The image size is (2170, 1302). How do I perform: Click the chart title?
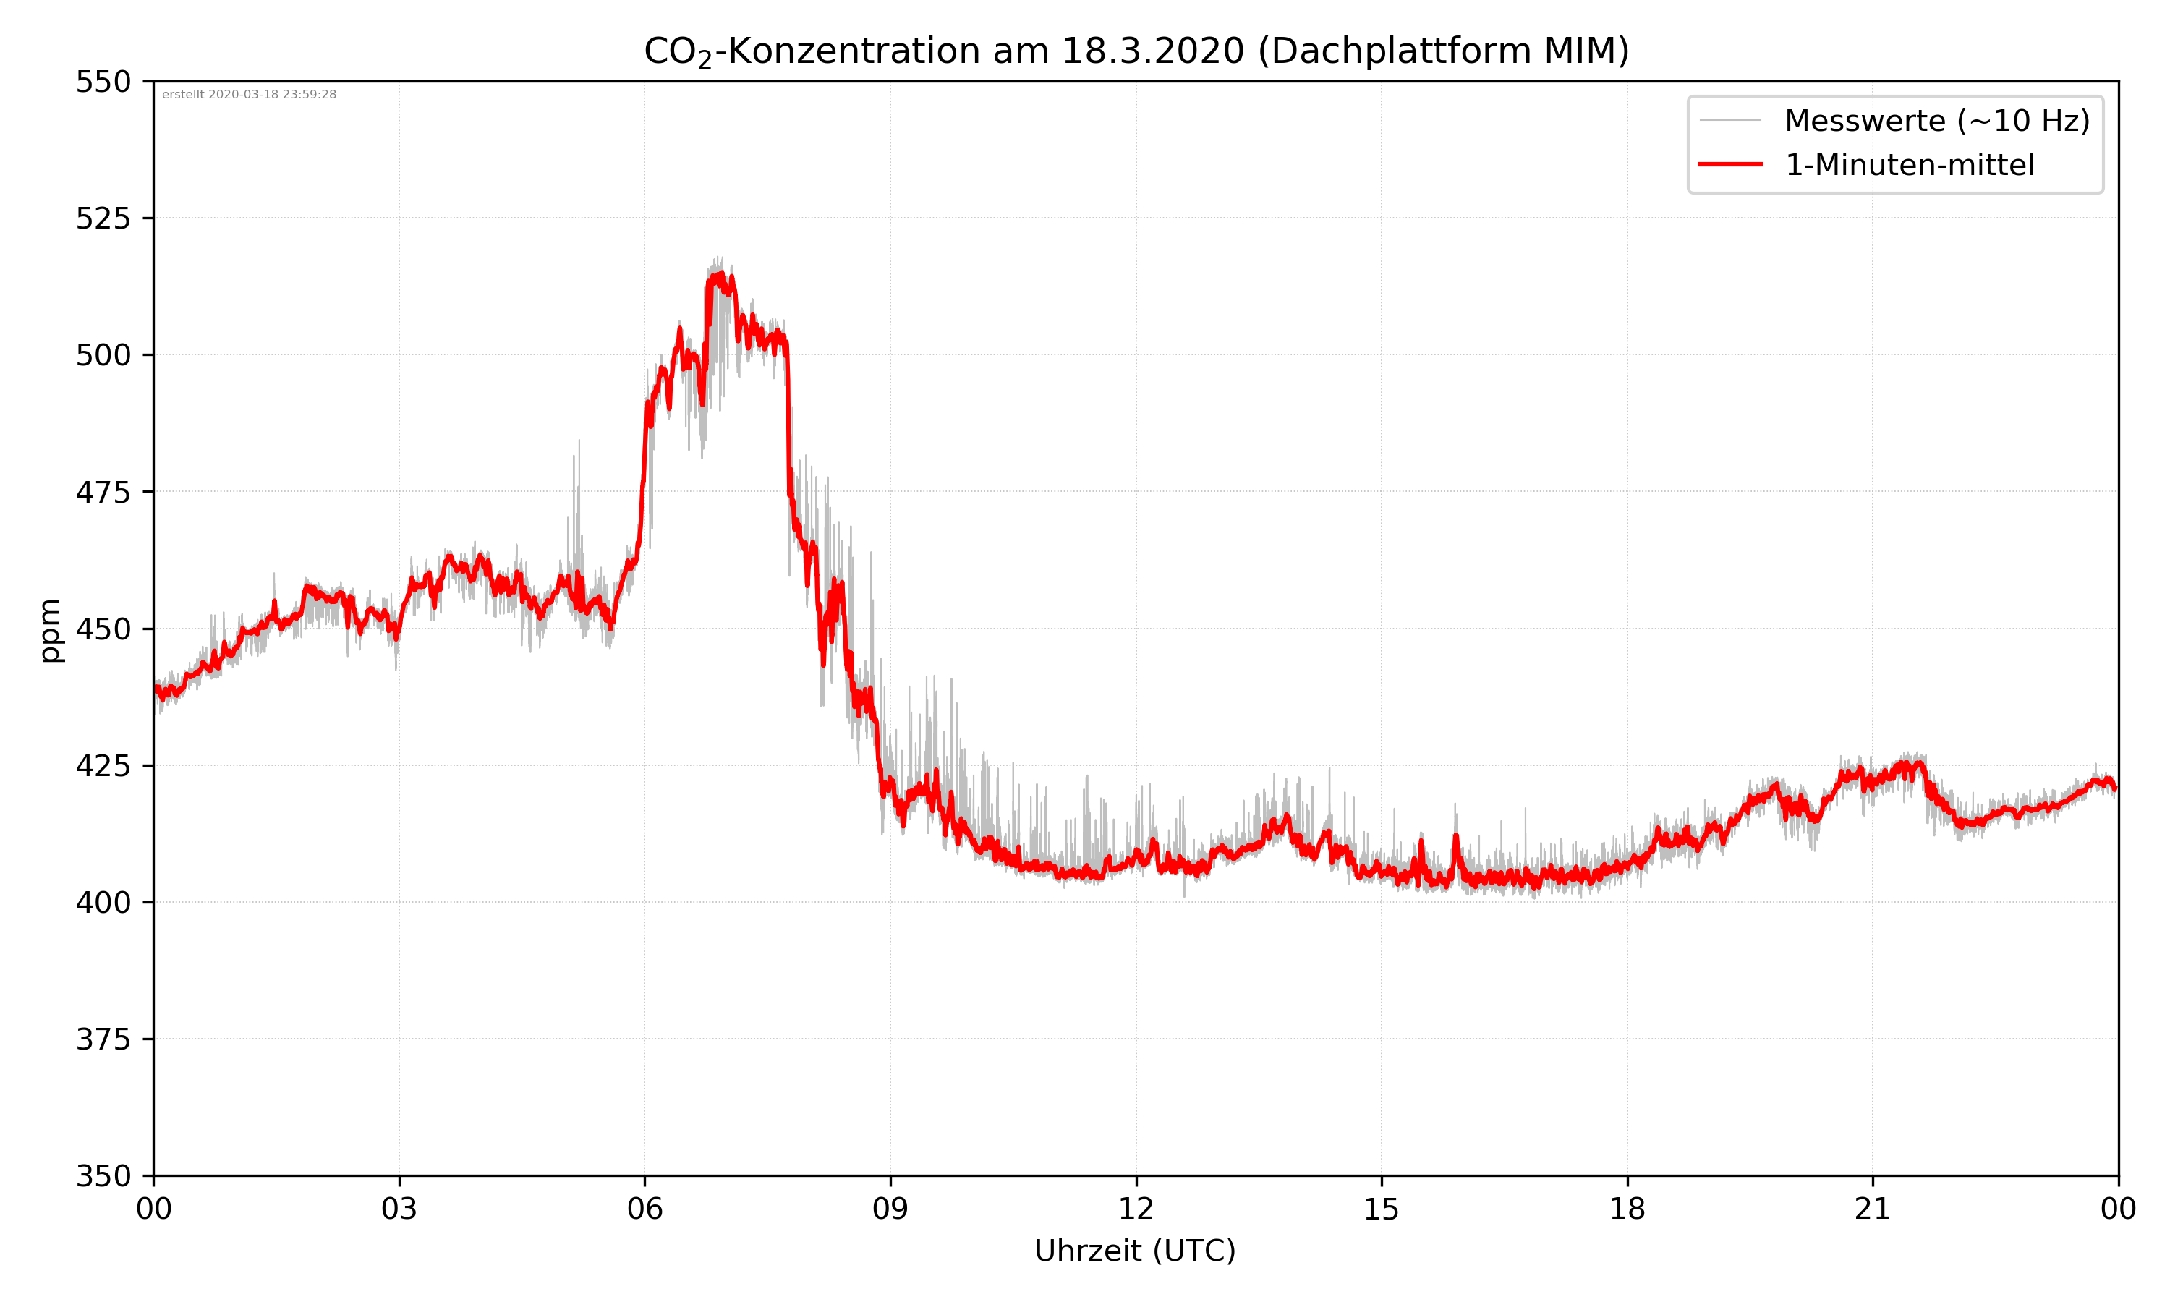(1136, 51)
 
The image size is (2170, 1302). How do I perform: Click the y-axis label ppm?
(50, 630)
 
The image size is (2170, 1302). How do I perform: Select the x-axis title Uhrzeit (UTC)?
(1135, 1250)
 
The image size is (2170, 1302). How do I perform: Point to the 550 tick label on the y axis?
(103, 82)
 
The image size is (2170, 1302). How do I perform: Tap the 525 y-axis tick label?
(103, 218)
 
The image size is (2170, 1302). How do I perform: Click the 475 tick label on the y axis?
(103, 492)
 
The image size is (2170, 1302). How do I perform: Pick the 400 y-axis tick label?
(103, 903)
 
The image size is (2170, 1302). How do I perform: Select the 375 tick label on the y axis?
(103, 1039)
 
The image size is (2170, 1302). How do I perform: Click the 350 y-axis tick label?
(103, 1177)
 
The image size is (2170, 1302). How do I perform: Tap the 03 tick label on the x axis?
(399, 1209)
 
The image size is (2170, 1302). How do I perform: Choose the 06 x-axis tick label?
(644, 1209)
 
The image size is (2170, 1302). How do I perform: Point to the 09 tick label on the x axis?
(890, 1209)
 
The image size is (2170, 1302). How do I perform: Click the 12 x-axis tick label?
(1136, 1209)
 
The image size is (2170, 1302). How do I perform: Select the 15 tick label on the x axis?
(1382, 1209)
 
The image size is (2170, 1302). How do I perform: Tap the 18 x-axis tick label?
(1627, 1209)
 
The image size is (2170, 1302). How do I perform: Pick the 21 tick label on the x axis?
(1873, 1209)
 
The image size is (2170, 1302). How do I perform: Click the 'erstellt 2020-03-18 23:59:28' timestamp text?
(249, 95)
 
